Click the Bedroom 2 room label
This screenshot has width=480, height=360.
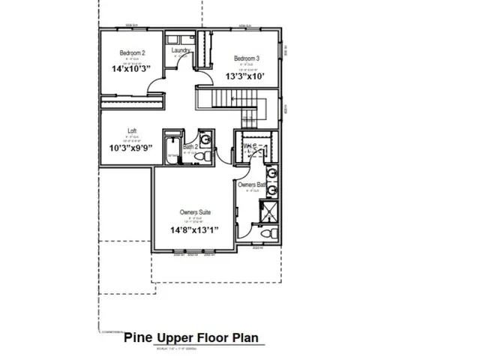click(x=132, y=53)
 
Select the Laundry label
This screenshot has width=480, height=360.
click(x=180, y=51)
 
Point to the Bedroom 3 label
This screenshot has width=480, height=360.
click(x=246, y=58)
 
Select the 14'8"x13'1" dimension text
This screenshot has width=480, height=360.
click(x=193, y=229)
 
